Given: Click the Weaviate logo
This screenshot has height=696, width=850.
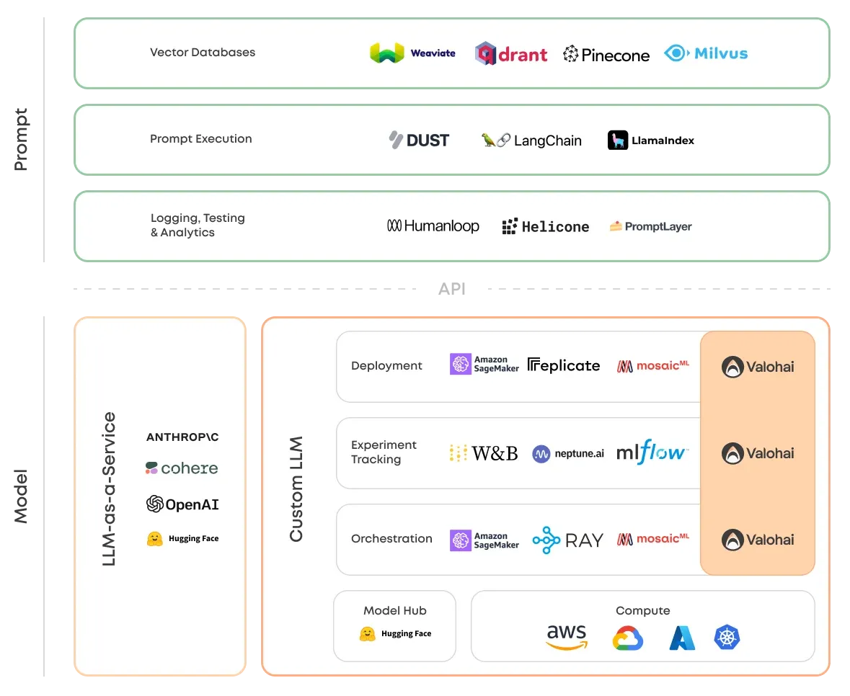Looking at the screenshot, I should click(412, 53).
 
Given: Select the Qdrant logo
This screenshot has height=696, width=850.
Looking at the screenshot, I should click(511, 54).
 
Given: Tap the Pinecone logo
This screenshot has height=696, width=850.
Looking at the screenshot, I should click(606, 54).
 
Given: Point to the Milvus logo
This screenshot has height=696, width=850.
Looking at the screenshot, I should click(706, 53).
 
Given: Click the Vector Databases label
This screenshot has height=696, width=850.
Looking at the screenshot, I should click(203, 52).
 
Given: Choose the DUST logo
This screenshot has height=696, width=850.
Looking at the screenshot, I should click(419, 140).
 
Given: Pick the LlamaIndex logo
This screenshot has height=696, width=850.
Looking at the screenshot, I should click(650, 140).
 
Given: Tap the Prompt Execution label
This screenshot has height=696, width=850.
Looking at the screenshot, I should click(201, 138).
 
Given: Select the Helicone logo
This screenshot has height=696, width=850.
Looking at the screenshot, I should click(545, 227).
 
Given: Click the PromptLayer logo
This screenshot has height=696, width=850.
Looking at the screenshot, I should click(650, 226).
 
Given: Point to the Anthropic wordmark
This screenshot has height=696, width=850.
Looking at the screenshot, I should click(182, 437).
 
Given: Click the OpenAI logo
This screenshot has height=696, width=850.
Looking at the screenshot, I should click(182, 504).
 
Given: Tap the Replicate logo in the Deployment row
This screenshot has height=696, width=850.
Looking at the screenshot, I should click(564, 365).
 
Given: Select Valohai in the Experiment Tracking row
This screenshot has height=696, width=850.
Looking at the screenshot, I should click(758, 453).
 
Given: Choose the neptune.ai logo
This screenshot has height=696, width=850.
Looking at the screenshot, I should click(568, 453).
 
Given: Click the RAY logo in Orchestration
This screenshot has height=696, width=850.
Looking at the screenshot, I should click(567, 540).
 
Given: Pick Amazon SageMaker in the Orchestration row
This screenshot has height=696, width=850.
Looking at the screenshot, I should click(484, 540).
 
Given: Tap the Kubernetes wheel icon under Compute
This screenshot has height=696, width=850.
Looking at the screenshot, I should click(727, 637).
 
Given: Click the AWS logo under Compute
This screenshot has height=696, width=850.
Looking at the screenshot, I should click(566, 636).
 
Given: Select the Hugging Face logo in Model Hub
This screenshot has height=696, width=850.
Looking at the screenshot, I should click(395, 634).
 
